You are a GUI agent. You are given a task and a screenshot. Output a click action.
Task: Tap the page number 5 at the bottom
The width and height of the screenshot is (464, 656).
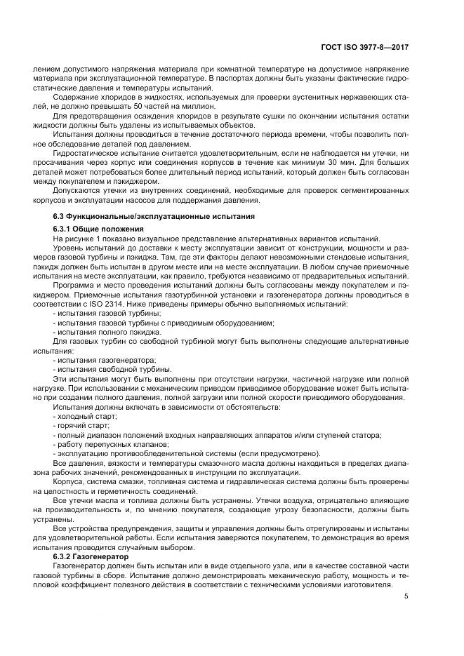point(407,597)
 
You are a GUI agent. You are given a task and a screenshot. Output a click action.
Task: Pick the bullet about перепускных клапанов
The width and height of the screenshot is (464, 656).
point(112,444)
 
